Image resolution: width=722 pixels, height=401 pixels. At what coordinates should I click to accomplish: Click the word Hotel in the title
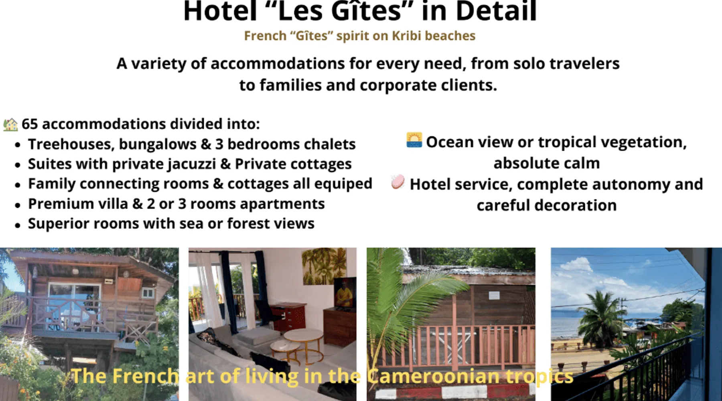click(x=220, y=11)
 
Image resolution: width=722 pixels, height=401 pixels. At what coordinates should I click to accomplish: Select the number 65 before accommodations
click(x=30, y=124)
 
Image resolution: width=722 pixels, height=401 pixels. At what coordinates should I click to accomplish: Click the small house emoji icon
click(x=10, y=124)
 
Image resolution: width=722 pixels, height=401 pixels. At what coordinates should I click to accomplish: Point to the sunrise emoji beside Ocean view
click(x=414, y=140)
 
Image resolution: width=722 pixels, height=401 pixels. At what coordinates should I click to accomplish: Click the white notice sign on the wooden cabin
click(x=494, y=296)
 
